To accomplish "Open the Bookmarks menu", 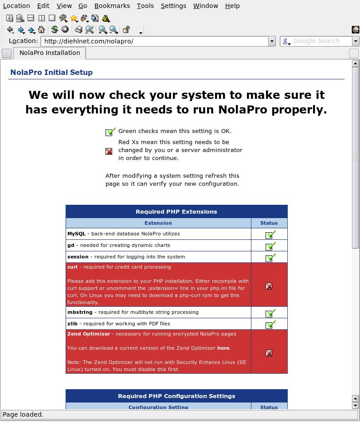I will [x=112, y=6].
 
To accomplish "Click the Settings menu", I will [x=173, y=6].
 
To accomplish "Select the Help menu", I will [x=232, y=6].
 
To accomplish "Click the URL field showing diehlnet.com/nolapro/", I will [x=155, y=41].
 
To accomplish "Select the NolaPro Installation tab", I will [x=50, y=53].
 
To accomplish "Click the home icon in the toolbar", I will [x=42, y=30].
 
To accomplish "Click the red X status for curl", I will [x=269, y=286].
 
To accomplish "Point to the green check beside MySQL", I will [x=270, y=234].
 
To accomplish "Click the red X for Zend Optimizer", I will [x=269, y=353].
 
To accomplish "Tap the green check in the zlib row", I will [x=270, y=324].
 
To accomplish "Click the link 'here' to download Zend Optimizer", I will [x=223, y=348].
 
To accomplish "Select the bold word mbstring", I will [x=80, y=312].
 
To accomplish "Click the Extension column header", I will [x=158, y=223].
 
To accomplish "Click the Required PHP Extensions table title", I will [x=176, y=211].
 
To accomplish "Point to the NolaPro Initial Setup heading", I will [x=51, y=72].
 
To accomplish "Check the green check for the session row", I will [x=270, y=258].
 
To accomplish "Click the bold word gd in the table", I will [x=71, y=245].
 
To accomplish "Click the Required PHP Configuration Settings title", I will [x=176, y=396].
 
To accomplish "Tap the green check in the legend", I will [x=110, y=132].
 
